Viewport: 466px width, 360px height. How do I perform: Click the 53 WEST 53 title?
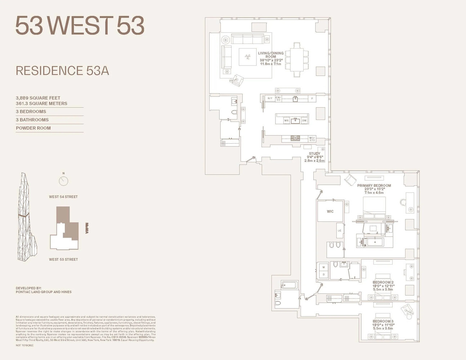tap(80, 26)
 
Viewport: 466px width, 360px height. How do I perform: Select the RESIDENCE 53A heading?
tap(62, 71)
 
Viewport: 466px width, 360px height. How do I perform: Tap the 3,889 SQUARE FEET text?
tap(38, 98)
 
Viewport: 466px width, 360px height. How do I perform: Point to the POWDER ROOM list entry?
tap(33, 128)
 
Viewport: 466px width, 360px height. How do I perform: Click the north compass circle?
tap(63, 181)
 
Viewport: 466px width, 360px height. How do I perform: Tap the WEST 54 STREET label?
tap(63, 197)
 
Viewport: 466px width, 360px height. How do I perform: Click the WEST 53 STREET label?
tap(63, 259)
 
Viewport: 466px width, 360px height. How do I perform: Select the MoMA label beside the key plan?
tap(87, 228)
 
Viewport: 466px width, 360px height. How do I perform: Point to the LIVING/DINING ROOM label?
tap(271, 55)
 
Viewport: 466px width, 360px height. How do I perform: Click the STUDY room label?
tap(314, 154)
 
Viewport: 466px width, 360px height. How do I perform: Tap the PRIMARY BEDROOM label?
tap(374, 186)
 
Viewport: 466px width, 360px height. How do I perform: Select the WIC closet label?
tap(330, 211)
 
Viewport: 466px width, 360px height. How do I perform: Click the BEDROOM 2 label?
tap(383, 282)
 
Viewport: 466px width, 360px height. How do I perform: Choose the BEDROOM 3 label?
tap(383, 321)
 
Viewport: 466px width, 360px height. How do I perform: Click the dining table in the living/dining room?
tap(297, 60)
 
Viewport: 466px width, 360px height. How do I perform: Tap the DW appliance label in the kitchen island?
tap(304, 121)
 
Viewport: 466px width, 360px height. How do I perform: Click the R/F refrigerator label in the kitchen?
tap(270, 98)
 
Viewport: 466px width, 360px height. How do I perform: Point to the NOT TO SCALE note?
tap(24, 345)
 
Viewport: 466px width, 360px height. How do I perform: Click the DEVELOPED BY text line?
tap(29, 288)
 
